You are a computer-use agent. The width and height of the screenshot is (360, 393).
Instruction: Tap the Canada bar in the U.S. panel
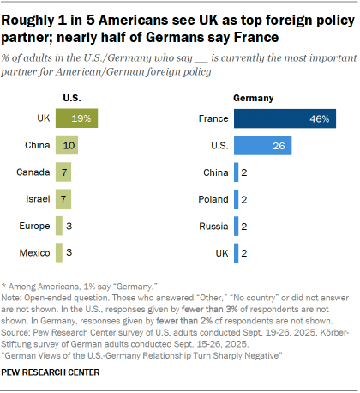pos(63,172)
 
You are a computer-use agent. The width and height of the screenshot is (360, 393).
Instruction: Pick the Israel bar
pos(63,199)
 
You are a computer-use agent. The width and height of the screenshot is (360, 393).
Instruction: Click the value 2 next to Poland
pos(245,199)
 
